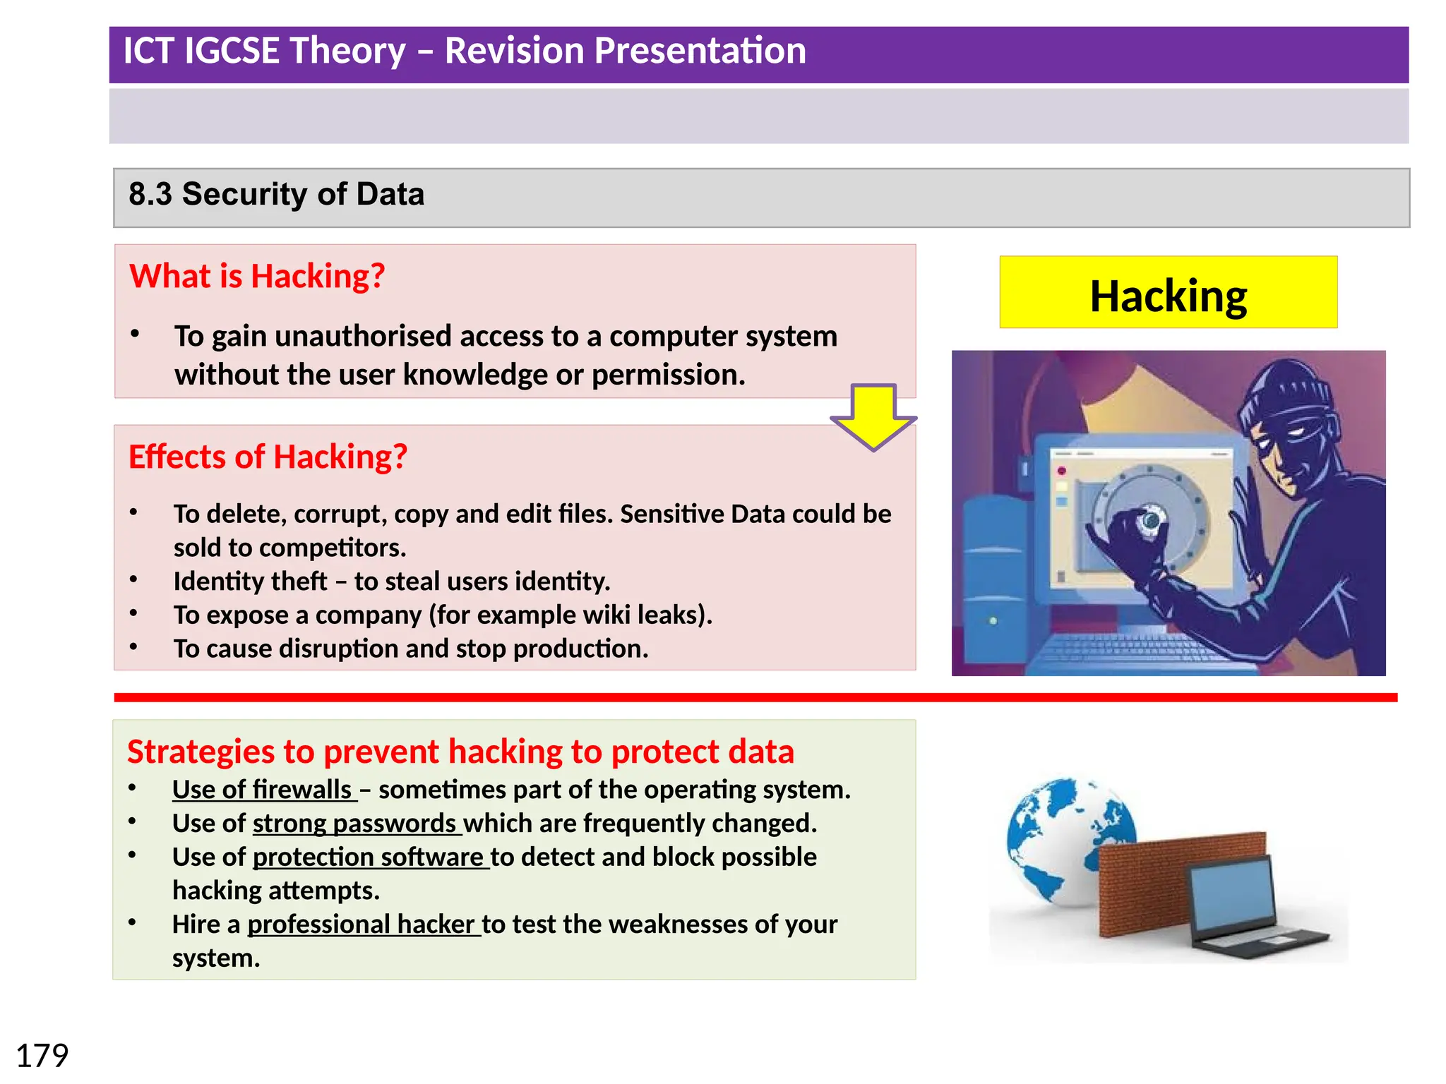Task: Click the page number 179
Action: pyautogui.click(x=42, y=1056)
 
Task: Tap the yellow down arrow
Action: pyautogui.click(x=873, y=416)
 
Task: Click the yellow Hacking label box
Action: pyautogui.click(x=1168, y=292)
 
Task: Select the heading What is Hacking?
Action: pyautogui.click(x=257, y=276)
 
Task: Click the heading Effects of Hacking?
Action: pyautogui.click(x=268, y=457)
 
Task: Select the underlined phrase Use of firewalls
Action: pyautogui.click(x=263, y=790)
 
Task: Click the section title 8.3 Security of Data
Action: pyautogui.click(x=276, y=194)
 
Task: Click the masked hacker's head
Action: pyautogui.click(x=1292, y=416)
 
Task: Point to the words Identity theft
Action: pyautogui.click(x=250, y=582)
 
